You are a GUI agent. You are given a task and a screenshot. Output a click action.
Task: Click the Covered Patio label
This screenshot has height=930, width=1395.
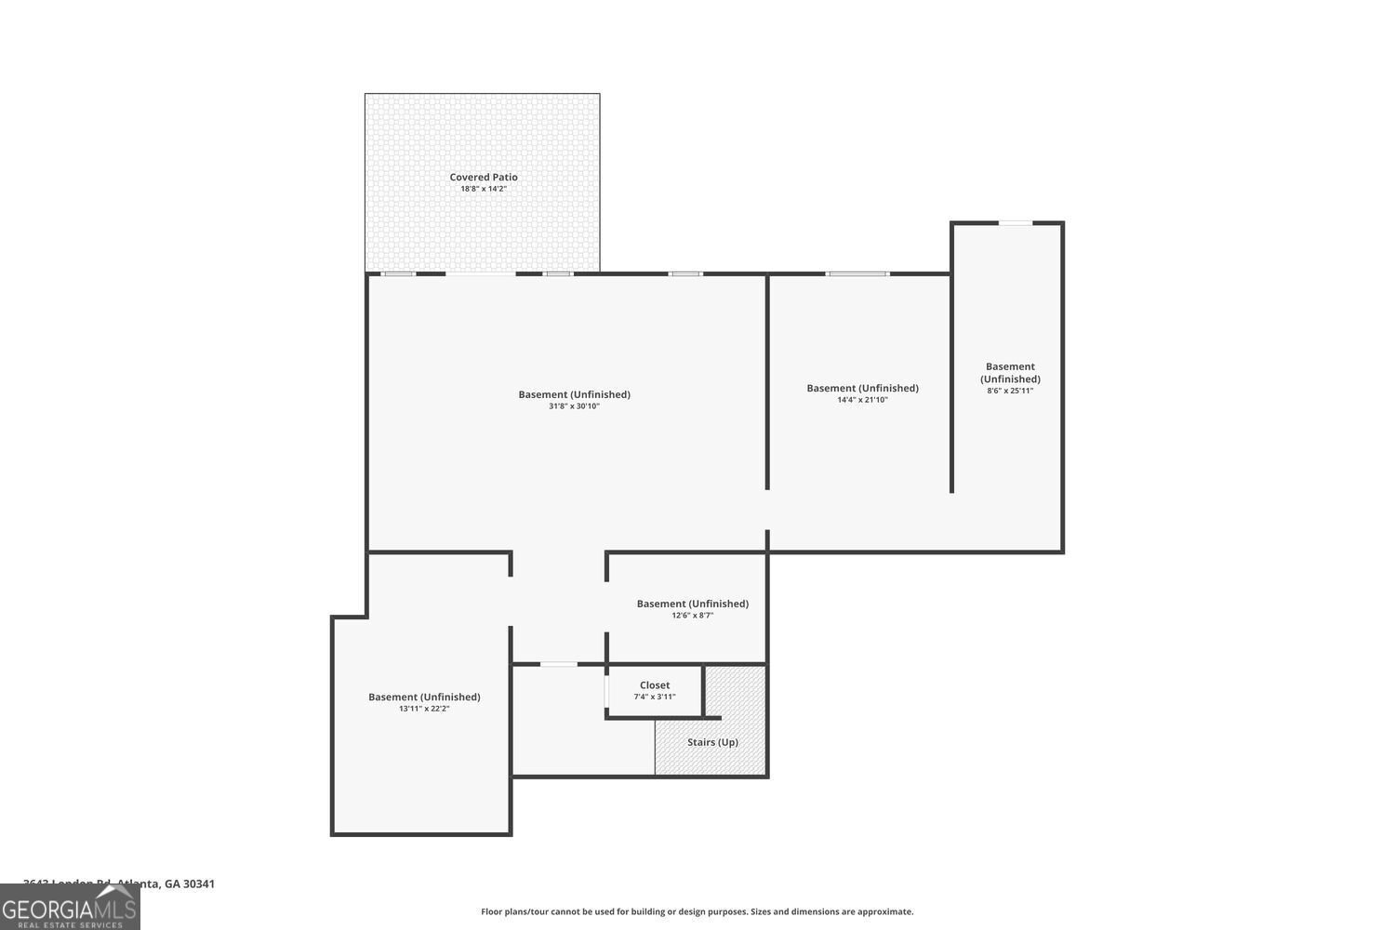tap(484, 177)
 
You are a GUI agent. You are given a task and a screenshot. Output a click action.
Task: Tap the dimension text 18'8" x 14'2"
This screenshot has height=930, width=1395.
tap(484, 189)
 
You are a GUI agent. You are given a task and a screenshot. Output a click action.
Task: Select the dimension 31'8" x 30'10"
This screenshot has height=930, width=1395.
tap(574, 406)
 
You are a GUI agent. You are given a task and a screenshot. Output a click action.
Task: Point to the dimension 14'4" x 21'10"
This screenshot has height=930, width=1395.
tap(862, 400)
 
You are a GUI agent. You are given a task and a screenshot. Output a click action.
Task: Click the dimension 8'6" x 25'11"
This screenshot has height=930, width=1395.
tap(1010, 391)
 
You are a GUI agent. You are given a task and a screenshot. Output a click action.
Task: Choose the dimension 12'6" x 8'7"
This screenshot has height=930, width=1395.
tap(692, 616)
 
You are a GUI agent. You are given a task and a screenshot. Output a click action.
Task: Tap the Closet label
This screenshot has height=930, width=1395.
tap(655, 685)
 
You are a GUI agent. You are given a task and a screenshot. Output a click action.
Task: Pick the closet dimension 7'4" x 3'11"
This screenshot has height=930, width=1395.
tap(655, 697)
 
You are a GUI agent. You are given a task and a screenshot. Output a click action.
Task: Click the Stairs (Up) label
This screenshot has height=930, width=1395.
tap(712, 742)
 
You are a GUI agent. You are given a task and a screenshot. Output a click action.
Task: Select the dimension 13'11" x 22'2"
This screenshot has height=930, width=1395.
tap(424, 709)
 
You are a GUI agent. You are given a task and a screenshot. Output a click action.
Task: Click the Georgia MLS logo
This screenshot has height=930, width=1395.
tap(70, 908)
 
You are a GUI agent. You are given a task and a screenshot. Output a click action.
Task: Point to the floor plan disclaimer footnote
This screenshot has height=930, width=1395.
tap(697, 911)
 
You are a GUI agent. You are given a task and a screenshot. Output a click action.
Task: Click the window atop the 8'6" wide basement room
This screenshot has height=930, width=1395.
tap(1015, 223)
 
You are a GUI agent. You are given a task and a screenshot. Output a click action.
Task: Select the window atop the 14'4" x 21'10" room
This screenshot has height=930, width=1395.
tap(857, 273)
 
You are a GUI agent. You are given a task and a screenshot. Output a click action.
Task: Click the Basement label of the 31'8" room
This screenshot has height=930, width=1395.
tap(574, 394)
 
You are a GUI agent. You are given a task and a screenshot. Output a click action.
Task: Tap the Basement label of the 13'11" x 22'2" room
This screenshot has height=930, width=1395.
tap(424, 697)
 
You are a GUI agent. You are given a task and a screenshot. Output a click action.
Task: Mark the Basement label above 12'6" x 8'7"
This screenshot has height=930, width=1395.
tap(692, 604)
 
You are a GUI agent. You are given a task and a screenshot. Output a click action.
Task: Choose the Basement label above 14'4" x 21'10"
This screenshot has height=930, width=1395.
tap(862, 388)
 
